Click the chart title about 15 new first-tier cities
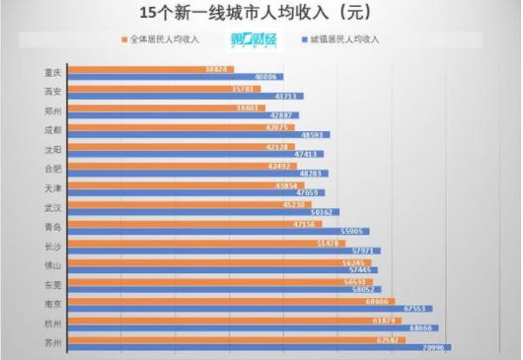(x=261, y=14)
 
